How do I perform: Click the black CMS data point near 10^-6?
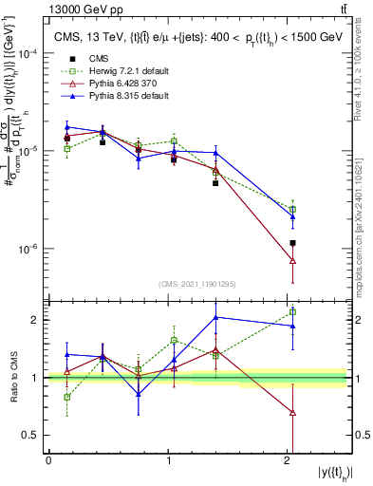click(292, 244)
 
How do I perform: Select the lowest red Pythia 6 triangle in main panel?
click(292, 260)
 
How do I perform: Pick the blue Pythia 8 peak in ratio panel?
click(216, 317)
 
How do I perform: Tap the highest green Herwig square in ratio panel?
click(292, 311)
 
